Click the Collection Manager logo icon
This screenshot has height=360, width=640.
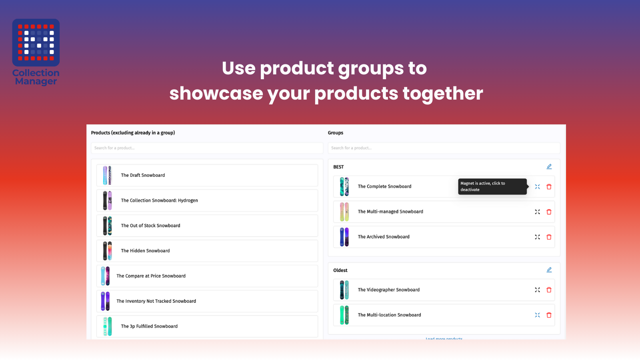[x=36, y=42]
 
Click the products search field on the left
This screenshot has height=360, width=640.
[x=207, y=148]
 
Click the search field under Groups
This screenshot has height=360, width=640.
[x=444, y=148]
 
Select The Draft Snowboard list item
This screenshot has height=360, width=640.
[x=207, y=175]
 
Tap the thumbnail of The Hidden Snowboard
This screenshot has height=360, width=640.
[x=107, y=251]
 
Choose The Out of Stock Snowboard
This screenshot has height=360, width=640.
[x=207, y=226]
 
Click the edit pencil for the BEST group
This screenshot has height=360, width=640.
[x=549, y=166]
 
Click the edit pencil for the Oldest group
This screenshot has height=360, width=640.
[x=549, y=270]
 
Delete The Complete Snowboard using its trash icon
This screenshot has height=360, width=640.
[x=549, y=187]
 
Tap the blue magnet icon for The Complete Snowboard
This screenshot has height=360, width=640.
[x=537, y=187]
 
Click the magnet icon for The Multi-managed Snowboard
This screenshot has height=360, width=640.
[x=537, y=212]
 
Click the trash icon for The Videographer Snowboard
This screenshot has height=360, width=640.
[x=549, y=290]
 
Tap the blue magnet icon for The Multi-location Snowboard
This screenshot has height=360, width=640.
[x=537, y=315]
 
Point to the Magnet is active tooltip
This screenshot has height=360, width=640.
[x=492, y=186]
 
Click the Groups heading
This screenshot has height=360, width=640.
[x=335, y=133]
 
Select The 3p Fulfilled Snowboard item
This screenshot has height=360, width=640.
[x=207, y=326]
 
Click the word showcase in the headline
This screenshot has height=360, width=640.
[x=216, y=94]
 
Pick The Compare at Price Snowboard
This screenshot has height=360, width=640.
[x=207, y=276]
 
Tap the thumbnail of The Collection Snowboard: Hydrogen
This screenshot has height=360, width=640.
[x=107, y=200]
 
